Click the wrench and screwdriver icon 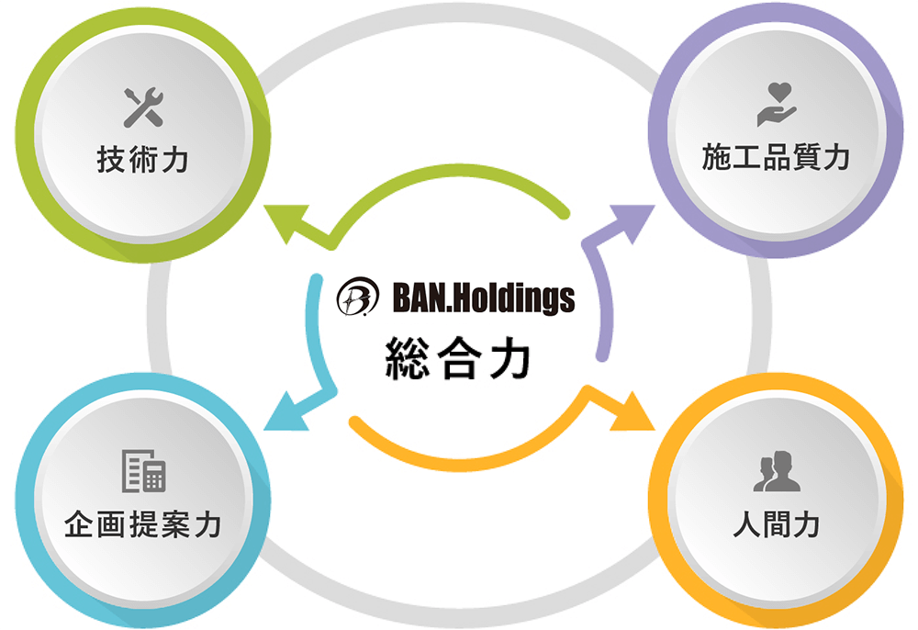coord(143,108)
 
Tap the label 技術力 coord(143,161)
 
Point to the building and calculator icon coord(143,472)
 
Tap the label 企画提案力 coord(143,525)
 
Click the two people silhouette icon coord(776,472)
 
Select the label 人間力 coord(776,525)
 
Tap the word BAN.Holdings coord(483,297)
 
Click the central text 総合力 coord(456,359)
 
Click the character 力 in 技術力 coord(174,161)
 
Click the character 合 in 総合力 coord(456,359)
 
